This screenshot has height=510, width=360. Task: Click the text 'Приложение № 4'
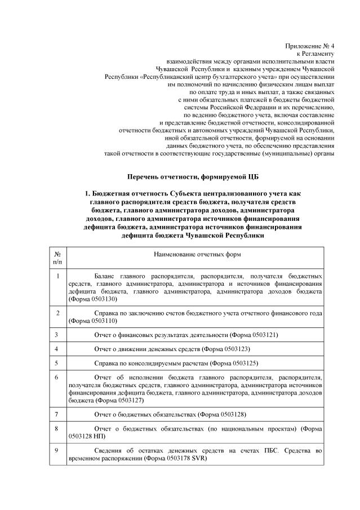311,44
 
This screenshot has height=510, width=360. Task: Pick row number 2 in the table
57,312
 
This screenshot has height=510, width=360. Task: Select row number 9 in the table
56,451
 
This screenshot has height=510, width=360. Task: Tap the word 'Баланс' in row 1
105,277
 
